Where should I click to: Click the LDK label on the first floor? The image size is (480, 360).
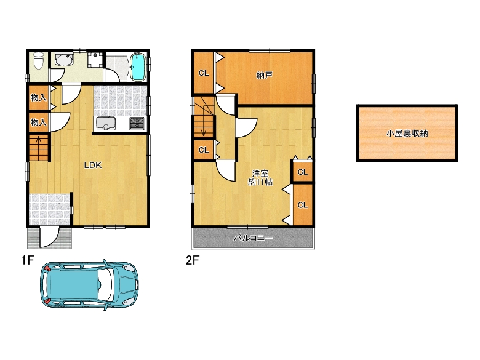93,165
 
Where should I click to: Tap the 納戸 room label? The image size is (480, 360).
265,76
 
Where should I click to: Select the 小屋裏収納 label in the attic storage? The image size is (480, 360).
407,133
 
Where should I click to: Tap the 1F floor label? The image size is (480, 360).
26,260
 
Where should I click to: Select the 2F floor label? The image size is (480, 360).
193,260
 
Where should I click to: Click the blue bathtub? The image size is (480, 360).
138,67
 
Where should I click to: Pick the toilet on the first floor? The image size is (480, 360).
38,62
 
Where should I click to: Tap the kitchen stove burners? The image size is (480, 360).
137,124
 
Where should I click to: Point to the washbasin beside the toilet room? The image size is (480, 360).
63,60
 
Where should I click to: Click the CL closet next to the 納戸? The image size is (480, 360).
203,73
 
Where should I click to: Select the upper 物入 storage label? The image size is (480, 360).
38,98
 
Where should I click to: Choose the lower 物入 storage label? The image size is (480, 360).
38,122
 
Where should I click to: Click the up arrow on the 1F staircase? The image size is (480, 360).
39,148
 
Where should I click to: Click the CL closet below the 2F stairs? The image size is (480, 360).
203,150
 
